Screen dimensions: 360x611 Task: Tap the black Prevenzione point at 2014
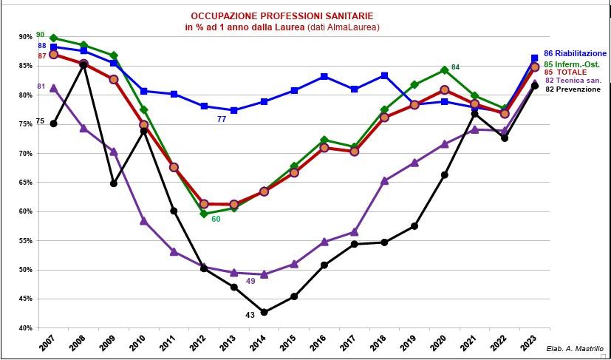point(264,312)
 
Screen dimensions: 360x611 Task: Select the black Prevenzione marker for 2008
point(83,64)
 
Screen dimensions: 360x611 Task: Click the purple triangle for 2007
point(53,88)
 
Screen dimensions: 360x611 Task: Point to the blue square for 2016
point(324,76)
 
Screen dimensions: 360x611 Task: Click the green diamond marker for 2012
point(204,214)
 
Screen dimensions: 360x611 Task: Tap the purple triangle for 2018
point(384,180)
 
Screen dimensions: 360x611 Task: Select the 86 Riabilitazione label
point(575,53)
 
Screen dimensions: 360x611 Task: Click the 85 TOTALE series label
point(569,72)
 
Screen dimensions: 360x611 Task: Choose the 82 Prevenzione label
point(575,89)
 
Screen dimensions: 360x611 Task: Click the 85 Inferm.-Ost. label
point(573,64)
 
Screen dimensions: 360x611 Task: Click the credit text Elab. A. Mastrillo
point(576,348)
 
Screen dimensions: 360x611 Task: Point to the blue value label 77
point(221,119)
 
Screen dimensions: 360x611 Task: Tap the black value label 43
point(250,316)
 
